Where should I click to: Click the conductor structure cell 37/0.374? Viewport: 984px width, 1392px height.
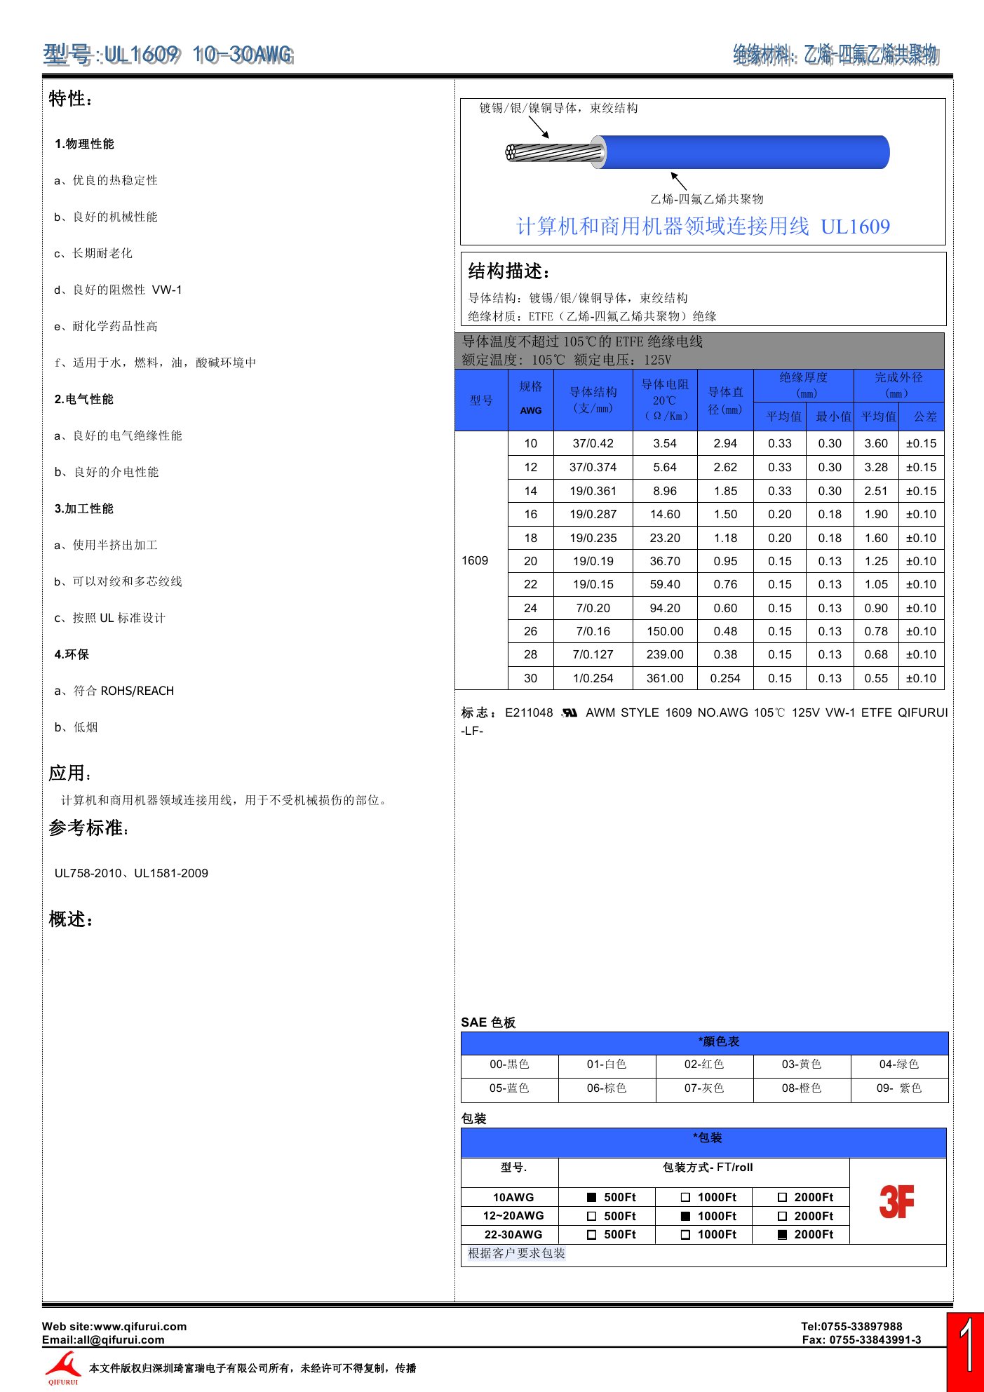[593, 467]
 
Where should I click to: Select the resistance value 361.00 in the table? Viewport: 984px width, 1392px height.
[664, 678]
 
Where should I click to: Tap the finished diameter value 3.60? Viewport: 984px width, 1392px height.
[876, 443]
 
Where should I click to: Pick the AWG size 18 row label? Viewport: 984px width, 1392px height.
[530, 538]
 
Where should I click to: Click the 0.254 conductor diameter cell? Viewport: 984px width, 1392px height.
[725, 678]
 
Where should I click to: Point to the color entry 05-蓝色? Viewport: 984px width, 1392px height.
[509, 1088]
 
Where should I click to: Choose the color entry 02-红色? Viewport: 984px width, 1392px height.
[704, 1064]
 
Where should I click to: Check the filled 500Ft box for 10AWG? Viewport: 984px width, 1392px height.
[591, 1197]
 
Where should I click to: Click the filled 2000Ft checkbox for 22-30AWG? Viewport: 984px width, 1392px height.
[782, 1234]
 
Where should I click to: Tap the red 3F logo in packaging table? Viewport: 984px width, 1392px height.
[896, 1201]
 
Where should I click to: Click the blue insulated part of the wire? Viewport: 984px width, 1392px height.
[743, 152]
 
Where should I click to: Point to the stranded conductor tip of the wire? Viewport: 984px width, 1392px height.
[513, 152]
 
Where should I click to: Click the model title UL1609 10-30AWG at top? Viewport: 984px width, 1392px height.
[168, 55]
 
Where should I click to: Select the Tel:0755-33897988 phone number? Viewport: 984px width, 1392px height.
[851, 1326]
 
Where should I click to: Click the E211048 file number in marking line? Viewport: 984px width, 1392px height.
[529, 712]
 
